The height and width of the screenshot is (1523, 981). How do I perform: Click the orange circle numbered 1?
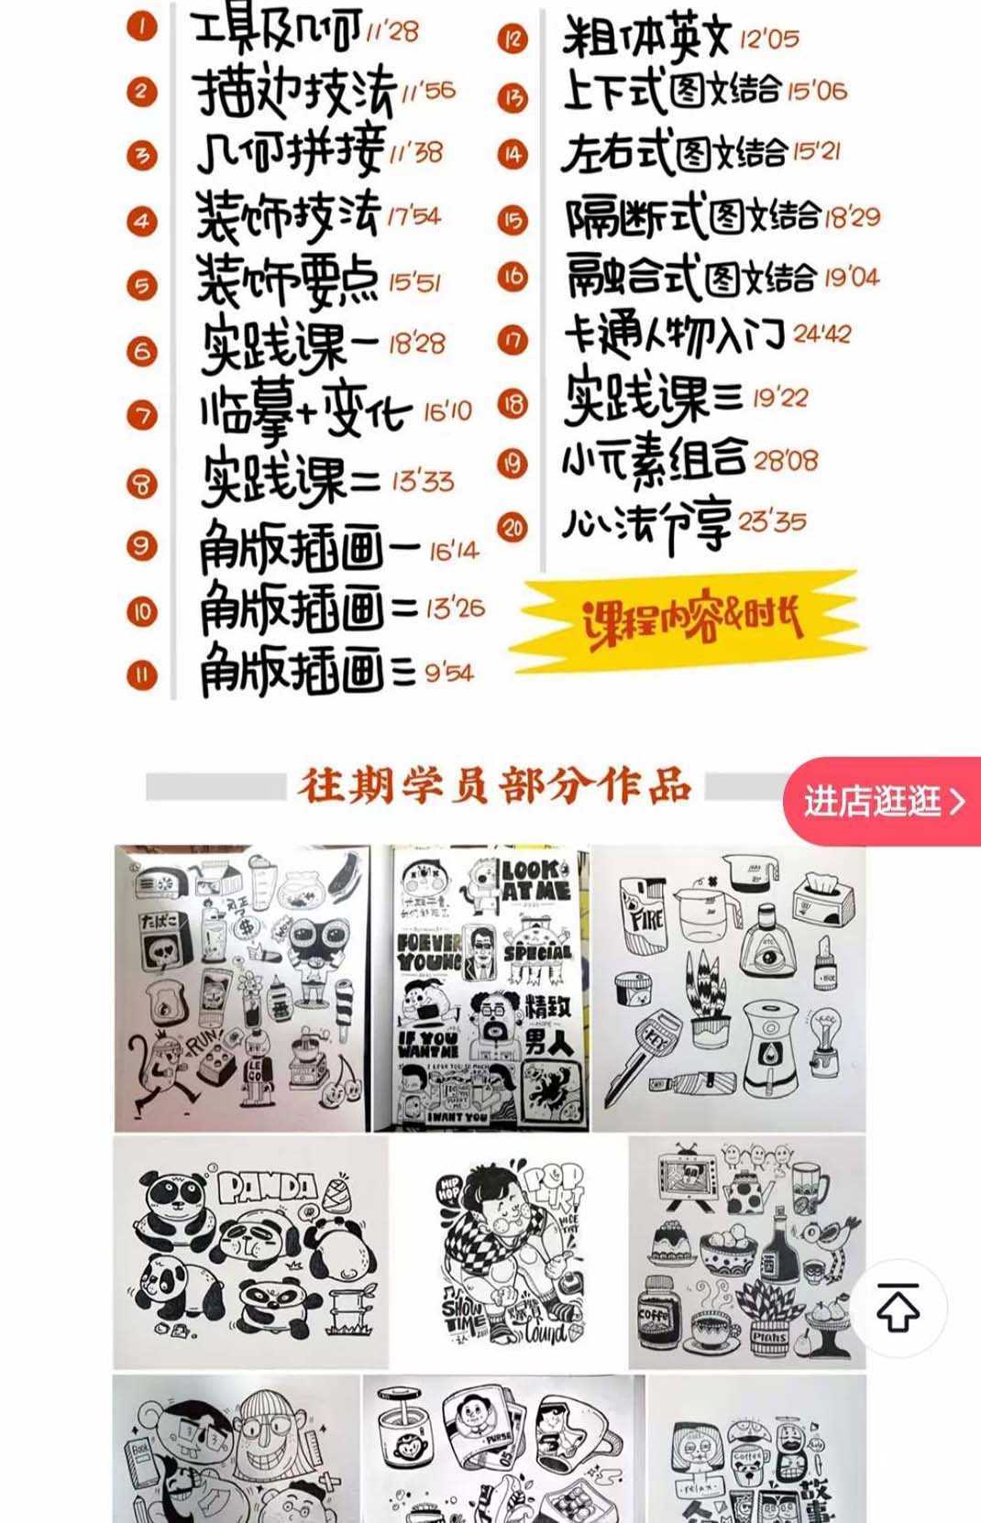tap(142, 27)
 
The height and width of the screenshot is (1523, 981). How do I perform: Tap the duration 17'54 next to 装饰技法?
tap(413, 216)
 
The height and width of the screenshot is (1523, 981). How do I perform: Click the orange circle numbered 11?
tap(142, 676)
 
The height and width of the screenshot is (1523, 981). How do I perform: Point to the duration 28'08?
tap(786, 459)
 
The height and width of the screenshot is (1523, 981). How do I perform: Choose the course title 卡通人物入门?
tap(675, 336)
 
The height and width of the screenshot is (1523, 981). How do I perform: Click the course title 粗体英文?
tap(645, 38)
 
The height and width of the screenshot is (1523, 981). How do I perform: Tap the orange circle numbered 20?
tap(513, 528)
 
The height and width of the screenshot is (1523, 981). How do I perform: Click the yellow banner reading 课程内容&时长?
tap(692, 622)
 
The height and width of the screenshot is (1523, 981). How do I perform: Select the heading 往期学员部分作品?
tap(494, 787)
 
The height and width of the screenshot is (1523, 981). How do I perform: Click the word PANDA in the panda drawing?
tap(267, 1189)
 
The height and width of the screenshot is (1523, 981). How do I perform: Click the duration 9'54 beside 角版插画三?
tap(449, 674)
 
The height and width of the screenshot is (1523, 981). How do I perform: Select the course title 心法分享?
tap(646, 525)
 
